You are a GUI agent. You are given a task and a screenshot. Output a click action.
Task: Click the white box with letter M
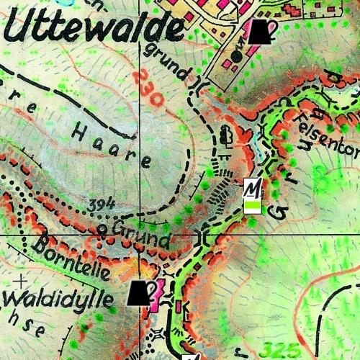click(x=251, y=189)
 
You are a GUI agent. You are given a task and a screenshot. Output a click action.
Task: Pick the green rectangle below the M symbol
click(x=251, y=207)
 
